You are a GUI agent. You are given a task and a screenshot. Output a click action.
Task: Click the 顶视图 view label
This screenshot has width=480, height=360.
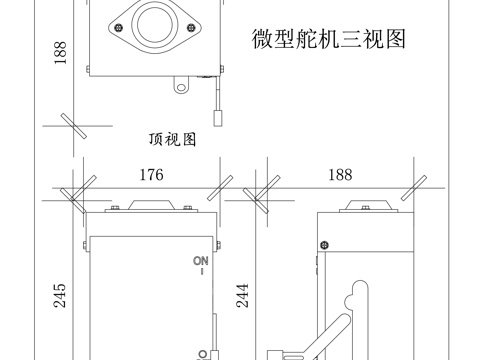pos(172,139)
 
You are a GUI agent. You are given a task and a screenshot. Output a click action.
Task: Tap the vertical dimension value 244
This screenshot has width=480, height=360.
pos(242,293)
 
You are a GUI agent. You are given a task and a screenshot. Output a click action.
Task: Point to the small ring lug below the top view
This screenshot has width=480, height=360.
pos(182,85)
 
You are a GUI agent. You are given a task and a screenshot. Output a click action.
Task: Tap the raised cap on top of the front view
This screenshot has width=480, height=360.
pos(150,205)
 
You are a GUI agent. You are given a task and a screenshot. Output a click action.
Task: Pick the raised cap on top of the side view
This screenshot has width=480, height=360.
pos(365,205)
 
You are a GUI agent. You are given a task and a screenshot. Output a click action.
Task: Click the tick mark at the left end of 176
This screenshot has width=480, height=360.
pos(74,188)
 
